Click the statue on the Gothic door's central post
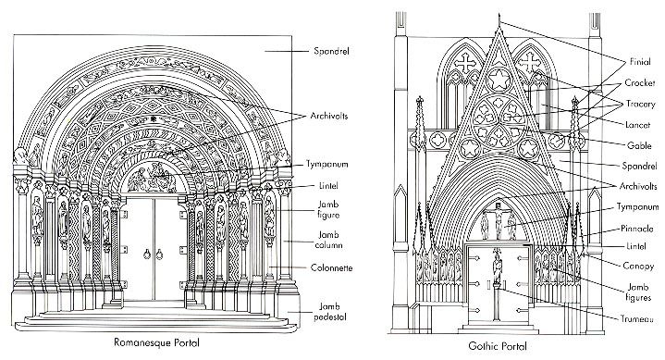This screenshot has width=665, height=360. click(498, 272)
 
